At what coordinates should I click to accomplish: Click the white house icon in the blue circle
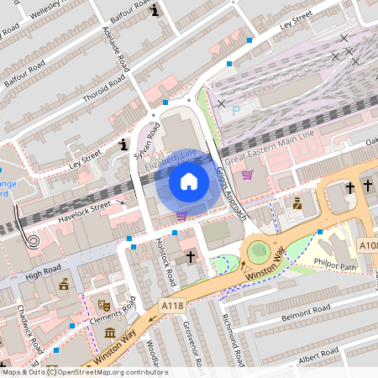pos(189,181)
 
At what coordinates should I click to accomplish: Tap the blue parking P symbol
pos(235,109)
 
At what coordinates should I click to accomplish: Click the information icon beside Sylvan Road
pos(124,145)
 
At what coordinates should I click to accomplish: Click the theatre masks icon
pos(105,306)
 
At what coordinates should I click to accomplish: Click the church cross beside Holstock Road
pos(191,256)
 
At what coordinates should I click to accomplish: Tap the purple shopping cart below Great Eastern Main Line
pos(247,175)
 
